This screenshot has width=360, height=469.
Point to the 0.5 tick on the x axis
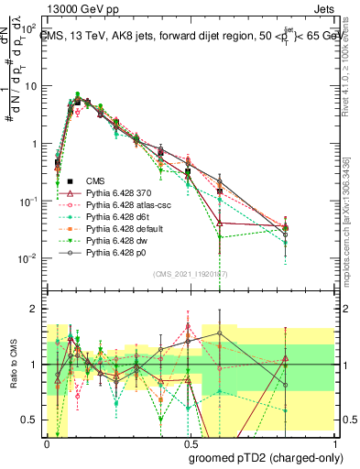(x=188, y=442)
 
